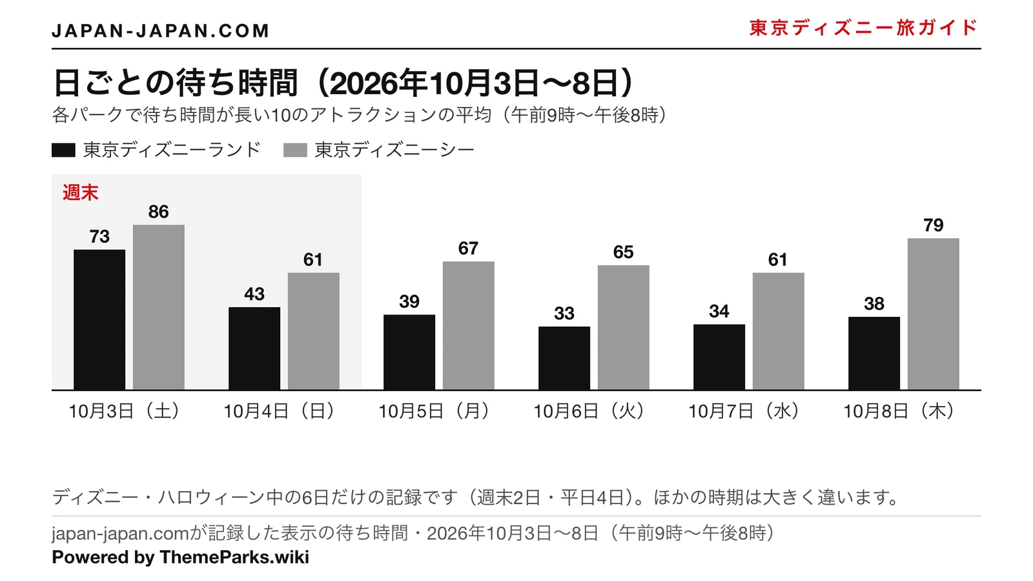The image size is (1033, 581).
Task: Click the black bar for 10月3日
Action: (x=99, y=320)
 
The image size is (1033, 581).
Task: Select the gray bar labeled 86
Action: (x=159, y=307)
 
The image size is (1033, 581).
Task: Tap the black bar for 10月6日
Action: (x=564, y=358)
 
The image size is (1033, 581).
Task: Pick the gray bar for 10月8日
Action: (x=934, y=314)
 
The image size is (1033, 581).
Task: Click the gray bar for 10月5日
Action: (x=469, y=325)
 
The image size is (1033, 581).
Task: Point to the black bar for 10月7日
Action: (x=719, y=358)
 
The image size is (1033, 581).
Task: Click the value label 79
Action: (x=934, y=225)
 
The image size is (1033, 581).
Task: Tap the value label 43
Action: (x=254, y=294)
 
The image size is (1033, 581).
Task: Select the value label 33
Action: (x=564, y=314)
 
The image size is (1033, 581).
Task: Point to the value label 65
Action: (x=624, y=252)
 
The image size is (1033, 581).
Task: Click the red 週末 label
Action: (x=80, y=193)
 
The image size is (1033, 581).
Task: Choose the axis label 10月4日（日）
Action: (x=280, y=411)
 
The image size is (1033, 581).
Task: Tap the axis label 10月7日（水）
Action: (x=745, y=411)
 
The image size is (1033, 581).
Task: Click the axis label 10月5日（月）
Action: (x=435, y=411)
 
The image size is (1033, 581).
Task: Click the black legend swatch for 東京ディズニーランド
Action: (x=63, y=150)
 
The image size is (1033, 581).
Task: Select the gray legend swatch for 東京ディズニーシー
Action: (x=295, y=150)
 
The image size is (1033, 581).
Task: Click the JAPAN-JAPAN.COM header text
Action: (x=160, y=31)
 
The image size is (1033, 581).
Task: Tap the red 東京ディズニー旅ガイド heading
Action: (x=863, y=28)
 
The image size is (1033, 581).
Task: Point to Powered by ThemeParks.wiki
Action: (x=180, y=557)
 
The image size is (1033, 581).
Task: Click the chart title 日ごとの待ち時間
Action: (x=175, y=83)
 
